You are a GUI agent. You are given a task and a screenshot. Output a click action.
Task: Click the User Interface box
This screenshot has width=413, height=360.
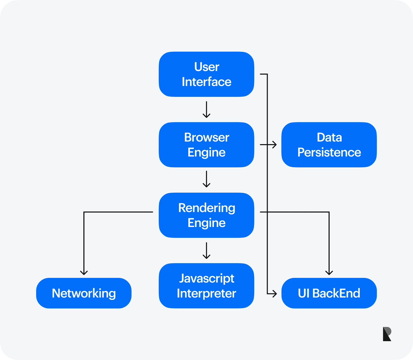point(206,74)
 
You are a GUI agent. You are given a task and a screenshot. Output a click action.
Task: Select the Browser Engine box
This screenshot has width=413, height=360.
point(206,145)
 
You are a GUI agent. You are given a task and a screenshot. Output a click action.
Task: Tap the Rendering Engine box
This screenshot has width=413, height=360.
point(206,215)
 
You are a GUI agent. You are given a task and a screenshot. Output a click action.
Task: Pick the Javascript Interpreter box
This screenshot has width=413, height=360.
point(206,286)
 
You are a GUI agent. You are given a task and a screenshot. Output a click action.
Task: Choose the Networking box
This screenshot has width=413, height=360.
point(84,293)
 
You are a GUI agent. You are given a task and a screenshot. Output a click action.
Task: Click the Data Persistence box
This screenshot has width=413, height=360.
point(329,145)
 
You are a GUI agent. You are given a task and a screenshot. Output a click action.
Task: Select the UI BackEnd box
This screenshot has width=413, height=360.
point(329,293)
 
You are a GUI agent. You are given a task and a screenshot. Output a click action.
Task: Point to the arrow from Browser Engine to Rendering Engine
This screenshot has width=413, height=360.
point(206,179)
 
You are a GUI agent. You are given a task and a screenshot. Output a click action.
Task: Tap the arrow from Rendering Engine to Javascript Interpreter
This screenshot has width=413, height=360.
point(206,250)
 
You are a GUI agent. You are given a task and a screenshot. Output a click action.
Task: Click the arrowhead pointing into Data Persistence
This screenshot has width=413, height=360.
point(274,145)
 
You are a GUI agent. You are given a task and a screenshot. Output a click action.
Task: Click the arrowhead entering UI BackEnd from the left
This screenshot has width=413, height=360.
point(274,293)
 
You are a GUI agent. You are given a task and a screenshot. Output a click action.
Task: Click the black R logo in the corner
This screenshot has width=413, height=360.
point(387,334)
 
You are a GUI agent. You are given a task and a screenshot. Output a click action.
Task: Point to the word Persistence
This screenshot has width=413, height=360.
point(329,152)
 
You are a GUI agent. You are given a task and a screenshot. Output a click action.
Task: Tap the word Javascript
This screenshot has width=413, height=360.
point(206,278)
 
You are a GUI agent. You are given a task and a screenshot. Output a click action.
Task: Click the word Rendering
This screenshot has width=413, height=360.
point(206,208)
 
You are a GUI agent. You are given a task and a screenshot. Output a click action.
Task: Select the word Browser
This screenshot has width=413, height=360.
point(206,137)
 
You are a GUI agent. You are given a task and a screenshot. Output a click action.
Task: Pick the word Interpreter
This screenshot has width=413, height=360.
point(206,293)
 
